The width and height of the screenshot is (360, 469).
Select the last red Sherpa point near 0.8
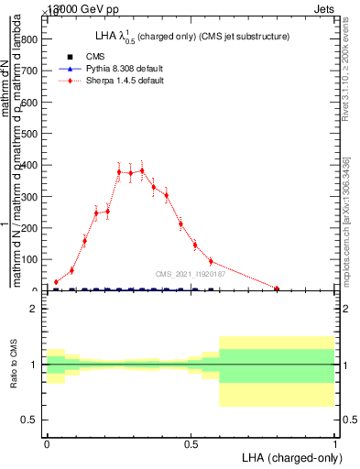point(277,289)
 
